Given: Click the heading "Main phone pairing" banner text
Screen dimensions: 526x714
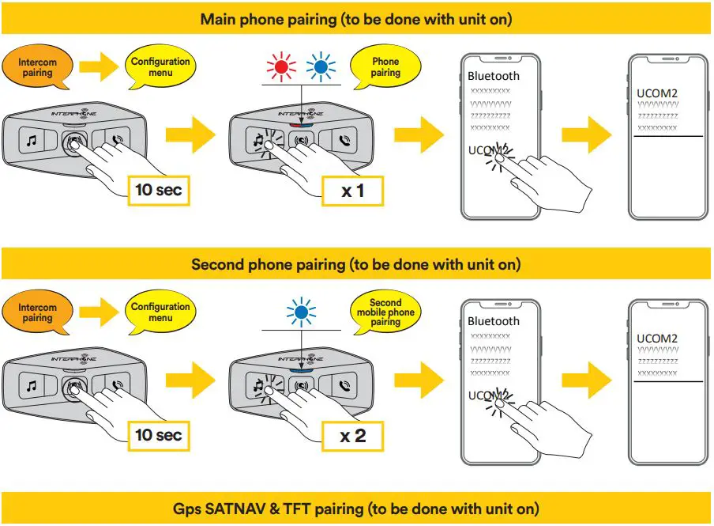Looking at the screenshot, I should (x=355, y=19).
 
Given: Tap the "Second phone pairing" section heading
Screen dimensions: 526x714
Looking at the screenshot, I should (x=355, y=264).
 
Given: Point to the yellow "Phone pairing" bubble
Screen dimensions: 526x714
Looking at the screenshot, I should (x=385, y=67).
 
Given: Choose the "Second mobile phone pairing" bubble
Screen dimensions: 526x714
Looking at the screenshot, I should (x=385, y=312).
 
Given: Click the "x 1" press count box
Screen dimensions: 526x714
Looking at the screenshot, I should (x=352, y=190).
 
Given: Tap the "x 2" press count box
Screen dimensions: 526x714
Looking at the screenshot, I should (x=352, y=435).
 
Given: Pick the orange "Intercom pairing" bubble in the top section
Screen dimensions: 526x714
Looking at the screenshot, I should (x=37, y=67).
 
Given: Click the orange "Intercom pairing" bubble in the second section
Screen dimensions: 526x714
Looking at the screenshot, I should (x=37, y=312).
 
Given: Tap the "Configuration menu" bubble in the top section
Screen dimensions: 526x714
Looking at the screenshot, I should (x=160, y=67).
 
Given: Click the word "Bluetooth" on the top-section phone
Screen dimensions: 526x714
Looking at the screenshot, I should (x=494, y=76).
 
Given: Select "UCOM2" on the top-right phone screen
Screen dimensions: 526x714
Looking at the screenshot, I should (x=657, y=93).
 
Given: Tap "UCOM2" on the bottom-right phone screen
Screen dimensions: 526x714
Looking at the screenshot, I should (x=657, y=339).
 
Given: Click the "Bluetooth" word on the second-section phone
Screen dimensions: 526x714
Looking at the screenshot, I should (x=494, y=321).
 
